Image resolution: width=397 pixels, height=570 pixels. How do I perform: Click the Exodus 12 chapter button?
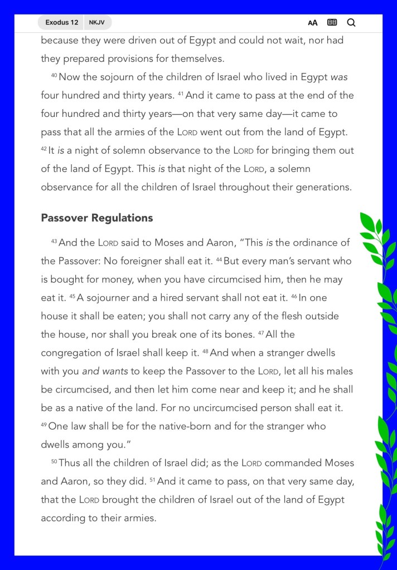[x=61, y=23]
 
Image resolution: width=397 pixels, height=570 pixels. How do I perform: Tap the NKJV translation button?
[x=97, y=23]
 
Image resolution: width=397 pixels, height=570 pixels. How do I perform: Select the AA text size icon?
[x=313, y=23]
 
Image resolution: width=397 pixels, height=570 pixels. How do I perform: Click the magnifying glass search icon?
[x=351, y=23]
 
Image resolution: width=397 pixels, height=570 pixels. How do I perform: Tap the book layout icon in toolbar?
[x=332, y=23]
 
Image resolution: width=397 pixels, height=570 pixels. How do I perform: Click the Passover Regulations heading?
[x=97, y=218]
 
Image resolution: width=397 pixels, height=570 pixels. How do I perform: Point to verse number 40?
[x=54, y=76]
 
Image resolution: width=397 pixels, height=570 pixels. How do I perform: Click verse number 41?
[x=181, y=94]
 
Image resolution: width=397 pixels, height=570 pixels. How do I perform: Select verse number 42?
[x=44, y=149]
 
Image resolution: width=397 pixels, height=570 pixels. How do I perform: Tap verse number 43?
[x=54, y=241]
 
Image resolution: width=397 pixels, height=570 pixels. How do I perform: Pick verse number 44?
[x=219, y=259]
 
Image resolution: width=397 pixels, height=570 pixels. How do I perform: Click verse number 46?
[x=294, y=296]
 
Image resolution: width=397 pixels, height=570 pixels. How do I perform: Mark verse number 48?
[x=205, y=351]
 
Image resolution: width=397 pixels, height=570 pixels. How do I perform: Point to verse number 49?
[x=44, y=425]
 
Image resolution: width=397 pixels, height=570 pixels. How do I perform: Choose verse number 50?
[x=54, y=461]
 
